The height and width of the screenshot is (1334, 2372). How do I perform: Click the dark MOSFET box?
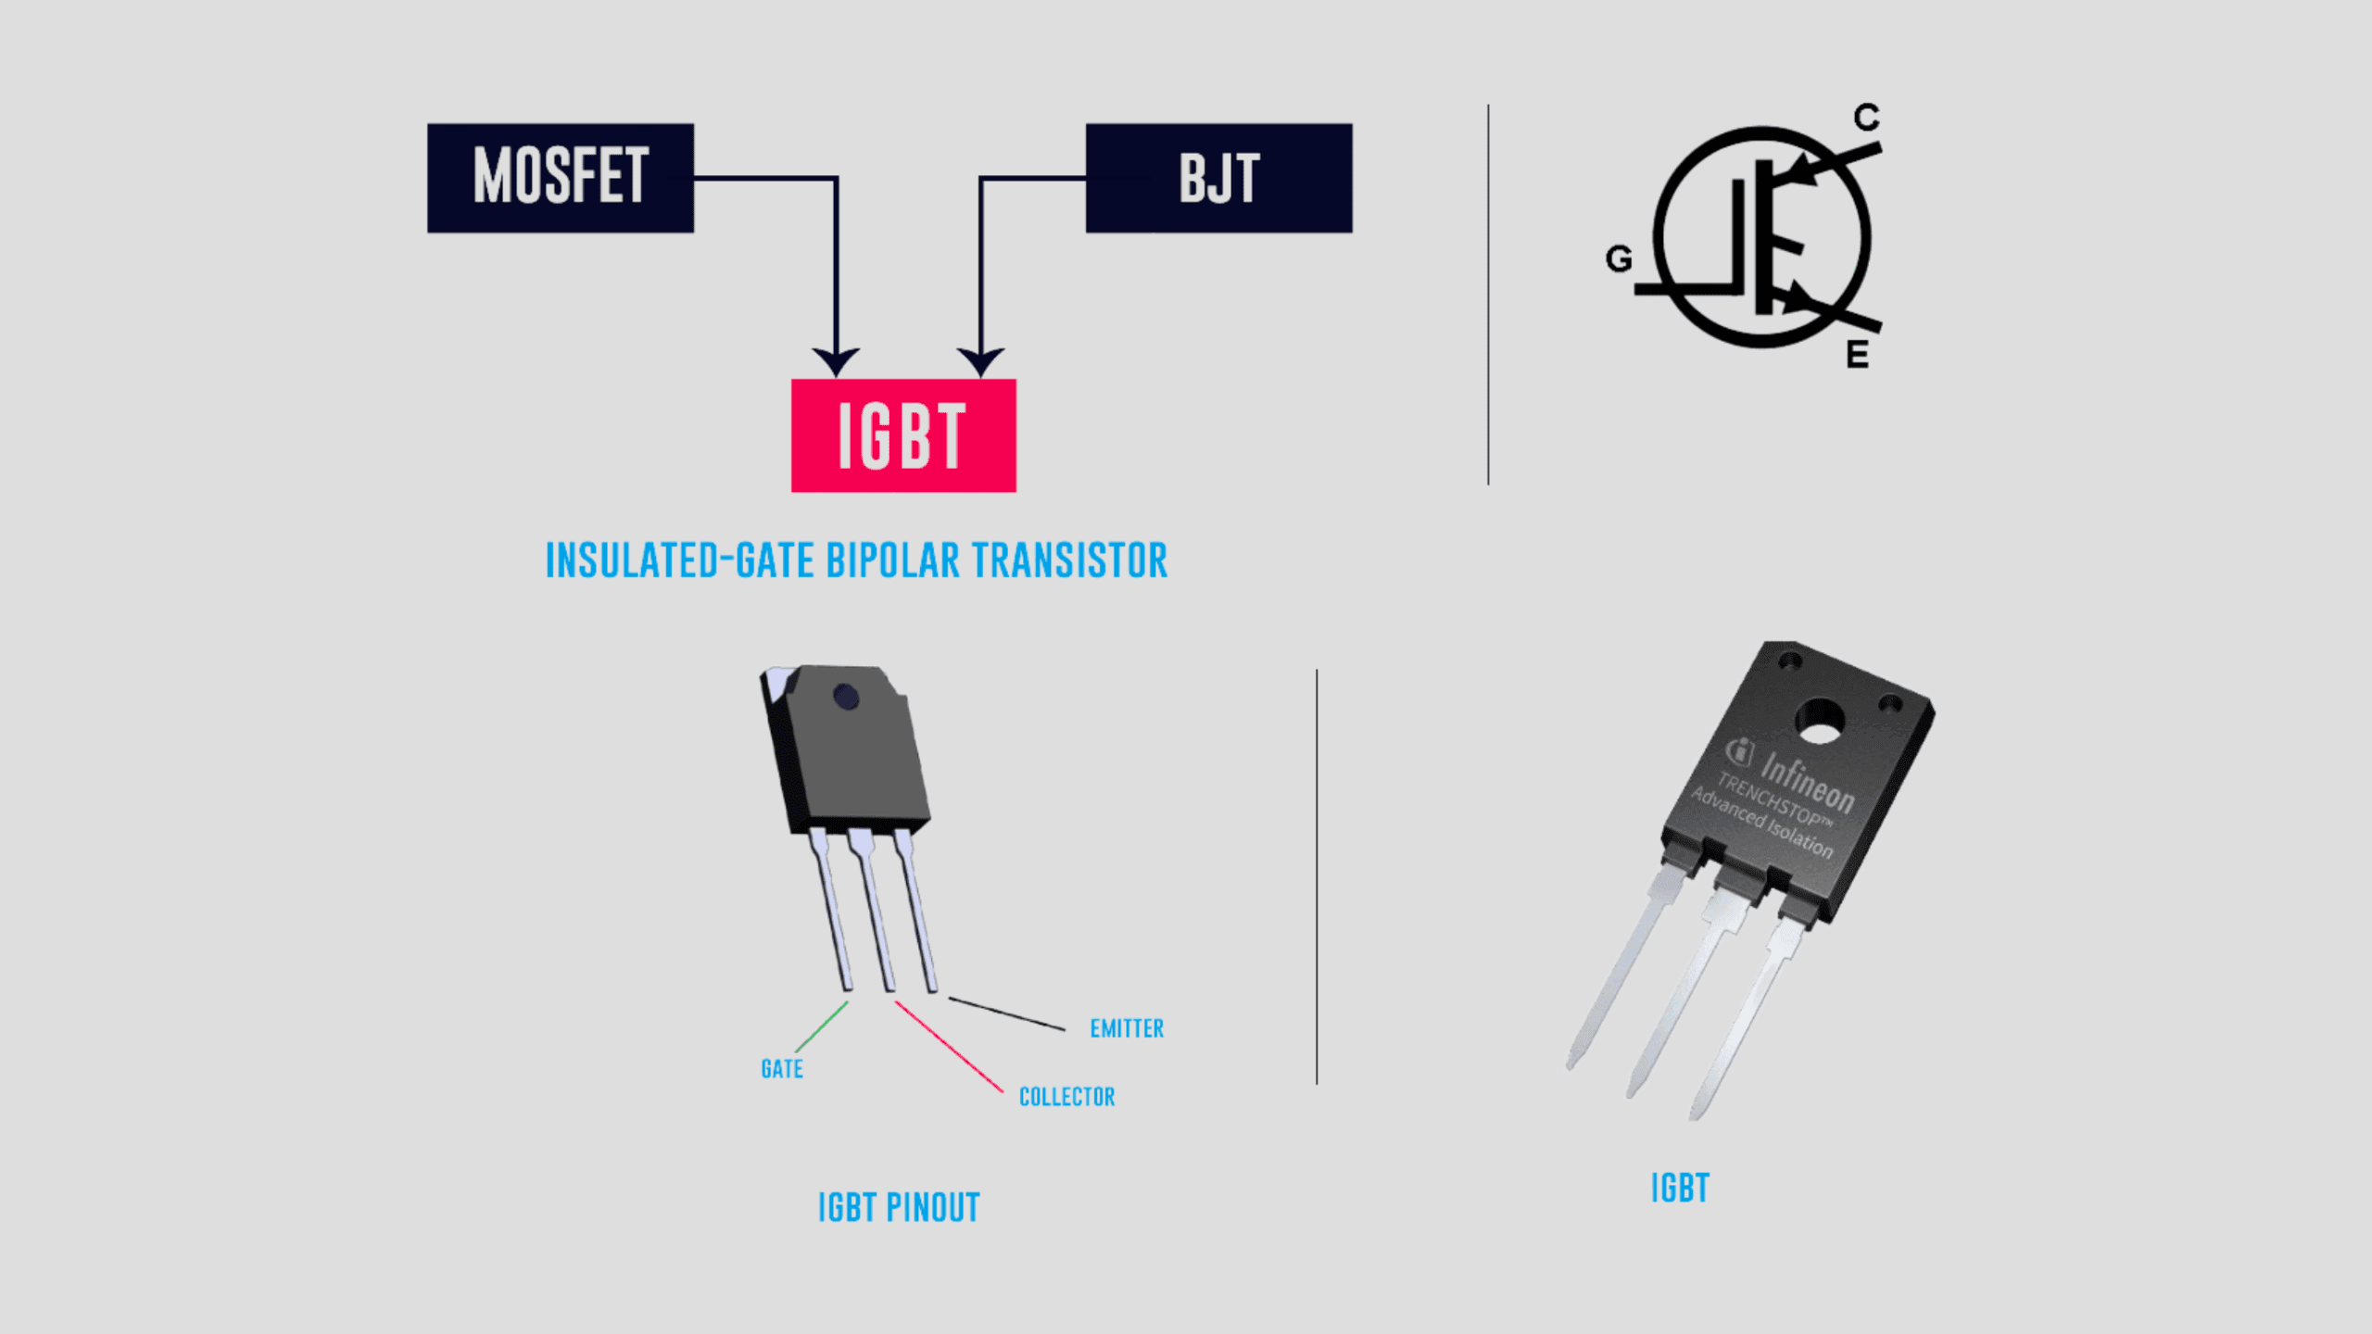tap(560, 177)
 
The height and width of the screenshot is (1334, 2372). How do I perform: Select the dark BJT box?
tap(1218, 177)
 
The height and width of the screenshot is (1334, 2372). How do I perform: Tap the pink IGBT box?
tap(903, 435)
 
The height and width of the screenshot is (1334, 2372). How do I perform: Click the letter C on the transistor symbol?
tap(1866, 118)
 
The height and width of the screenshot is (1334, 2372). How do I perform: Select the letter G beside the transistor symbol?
tap(1619, 259)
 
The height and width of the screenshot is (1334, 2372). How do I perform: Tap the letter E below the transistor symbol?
tap(1857, 355)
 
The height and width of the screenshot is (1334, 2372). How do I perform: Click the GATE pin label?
tap(782, 1069)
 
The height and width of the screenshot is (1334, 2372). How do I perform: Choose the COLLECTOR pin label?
tap(1066, 1097)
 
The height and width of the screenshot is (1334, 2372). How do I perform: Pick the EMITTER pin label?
tap(1127, 1028)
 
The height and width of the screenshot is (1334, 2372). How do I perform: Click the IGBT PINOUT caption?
tap(899, 1208)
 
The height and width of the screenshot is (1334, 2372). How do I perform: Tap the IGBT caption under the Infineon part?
tap(1680, 1189)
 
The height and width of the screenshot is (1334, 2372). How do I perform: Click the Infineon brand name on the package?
tap(1807, 784)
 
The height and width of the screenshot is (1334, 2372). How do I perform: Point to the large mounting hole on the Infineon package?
tap(1820, 722)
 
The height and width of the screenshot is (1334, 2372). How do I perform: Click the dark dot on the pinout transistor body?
tap(846, 697)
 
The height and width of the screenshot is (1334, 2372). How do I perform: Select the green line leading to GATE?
tap(821, 1026)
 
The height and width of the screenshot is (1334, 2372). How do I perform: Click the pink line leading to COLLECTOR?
tap(949, 1047)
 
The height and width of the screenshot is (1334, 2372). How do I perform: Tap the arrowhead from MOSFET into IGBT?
tap(836, 361)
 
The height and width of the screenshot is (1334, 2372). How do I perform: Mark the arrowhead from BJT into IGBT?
tap(980, 361)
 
